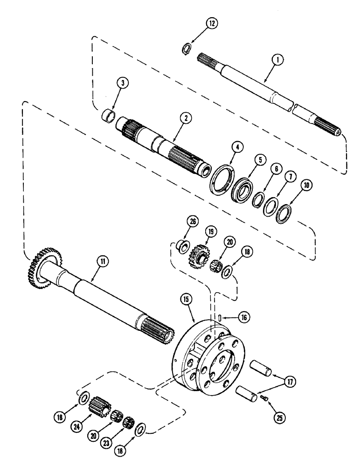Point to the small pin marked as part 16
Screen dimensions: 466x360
click(x=219, y=317)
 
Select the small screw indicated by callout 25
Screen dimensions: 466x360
click(x=264, y=397)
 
